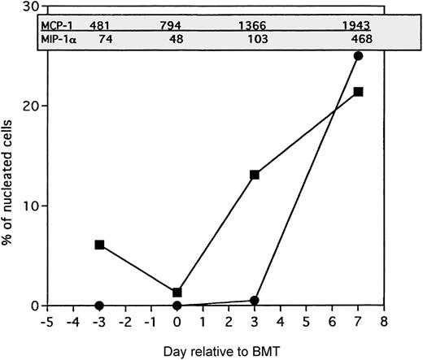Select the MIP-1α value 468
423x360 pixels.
point(360,39)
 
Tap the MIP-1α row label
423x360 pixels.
point(56,39)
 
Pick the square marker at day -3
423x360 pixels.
point(99,244)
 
